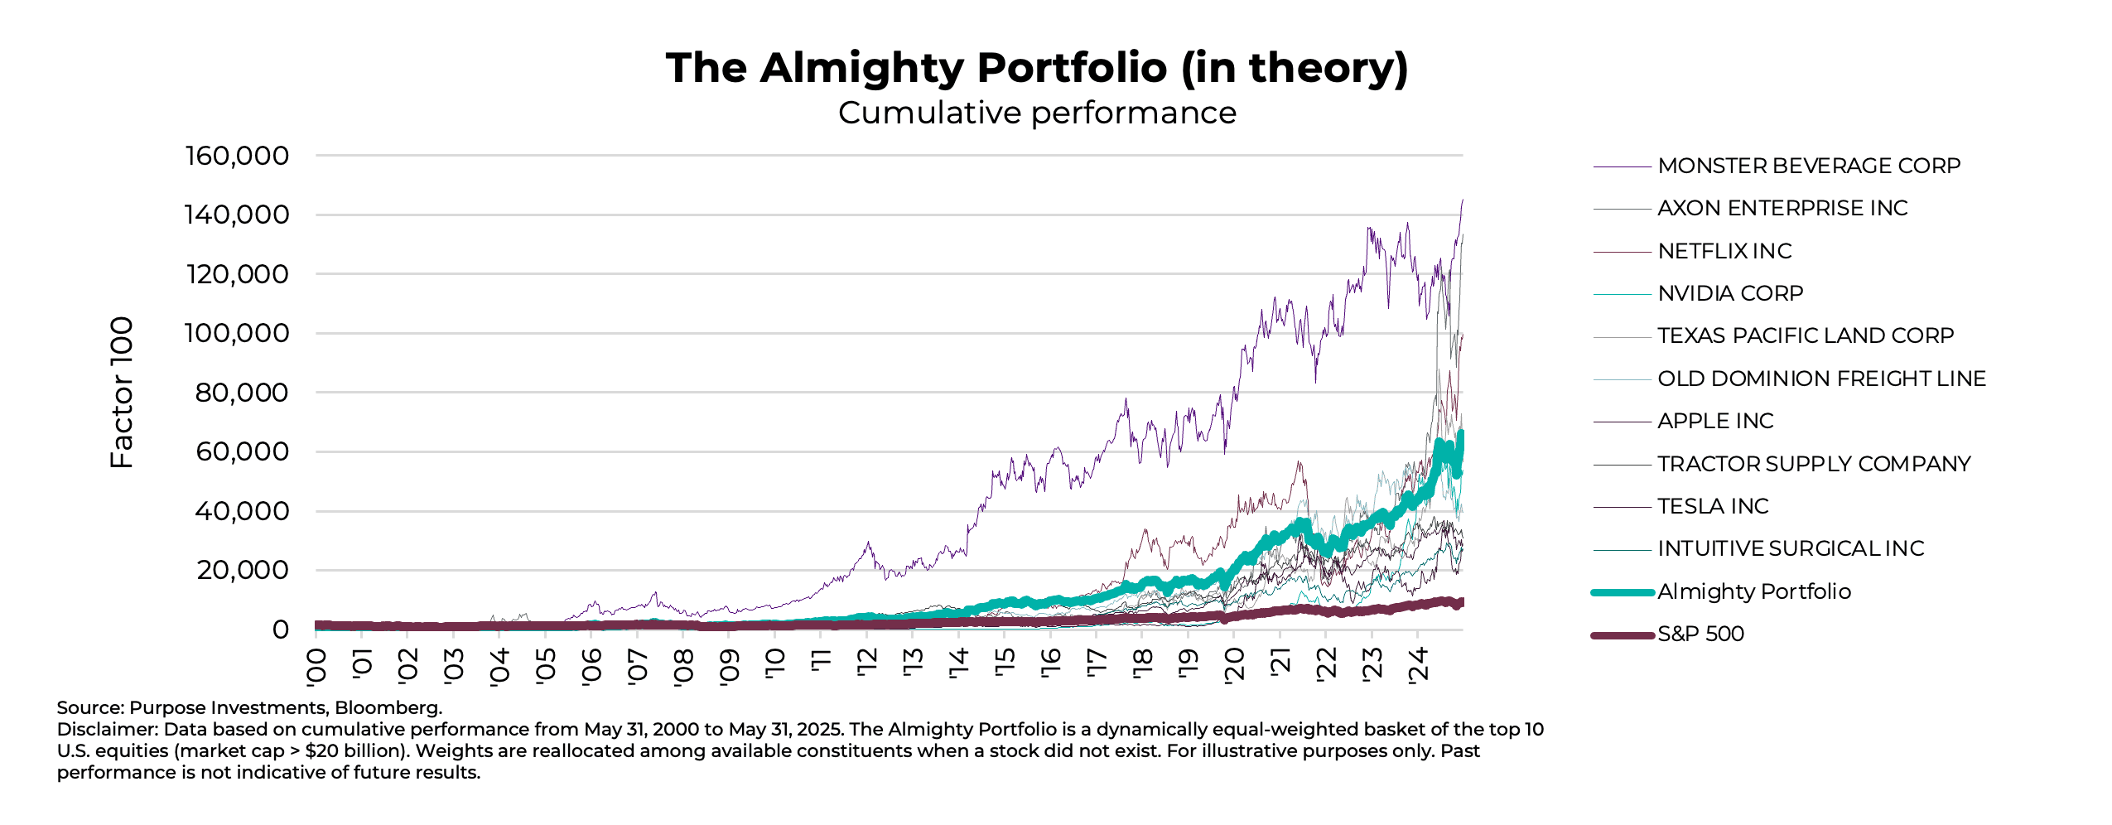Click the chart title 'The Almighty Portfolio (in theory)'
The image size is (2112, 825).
(x=1036, y=68)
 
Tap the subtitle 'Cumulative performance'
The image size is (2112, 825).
(x=1036, y=113)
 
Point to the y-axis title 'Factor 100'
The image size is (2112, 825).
(x=122, y=392)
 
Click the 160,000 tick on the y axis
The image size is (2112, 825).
(x=237, y=156)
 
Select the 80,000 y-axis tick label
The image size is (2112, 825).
(x=241, y=393)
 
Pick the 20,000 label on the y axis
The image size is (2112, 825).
(x=242, y=570)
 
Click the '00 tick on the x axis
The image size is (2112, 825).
(x=316, y=666)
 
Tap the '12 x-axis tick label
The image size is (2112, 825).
(x=867, y=663)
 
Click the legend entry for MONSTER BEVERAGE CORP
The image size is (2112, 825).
(x=1808, y=166)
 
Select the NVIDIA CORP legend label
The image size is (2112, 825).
(x=1729, y=293)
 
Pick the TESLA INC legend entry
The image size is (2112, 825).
(x=1712, y=506)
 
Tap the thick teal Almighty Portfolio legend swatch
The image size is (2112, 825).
(x=1622, y=592)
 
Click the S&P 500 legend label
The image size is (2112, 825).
(x=1700, y=634)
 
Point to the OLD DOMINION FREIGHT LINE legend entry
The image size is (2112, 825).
(x=1820, y=379)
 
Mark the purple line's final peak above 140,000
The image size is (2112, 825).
(x=1462, y=200)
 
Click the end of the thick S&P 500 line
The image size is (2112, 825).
(x=1462, y=602)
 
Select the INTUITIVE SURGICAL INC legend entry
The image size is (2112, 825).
(x=1790, y=548)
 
